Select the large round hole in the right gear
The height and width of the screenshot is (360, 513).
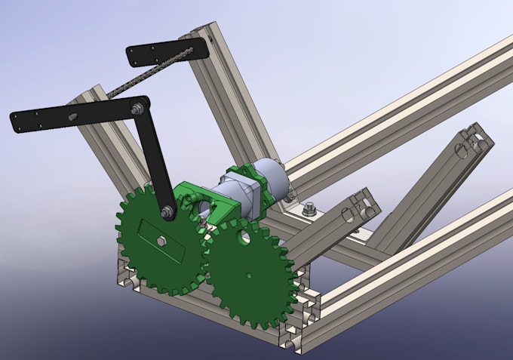pos(243,238)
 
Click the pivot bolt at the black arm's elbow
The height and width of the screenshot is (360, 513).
pos(138,111)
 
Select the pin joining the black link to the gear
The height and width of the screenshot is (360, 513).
pos(168,214)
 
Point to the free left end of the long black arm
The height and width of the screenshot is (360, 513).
pos(18,119)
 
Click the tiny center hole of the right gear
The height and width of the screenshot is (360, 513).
pos(250,275)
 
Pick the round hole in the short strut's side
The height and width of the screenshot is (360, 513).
pos(348,217)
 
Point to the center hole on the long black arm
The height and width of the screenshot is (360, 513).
pos(73,116)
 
